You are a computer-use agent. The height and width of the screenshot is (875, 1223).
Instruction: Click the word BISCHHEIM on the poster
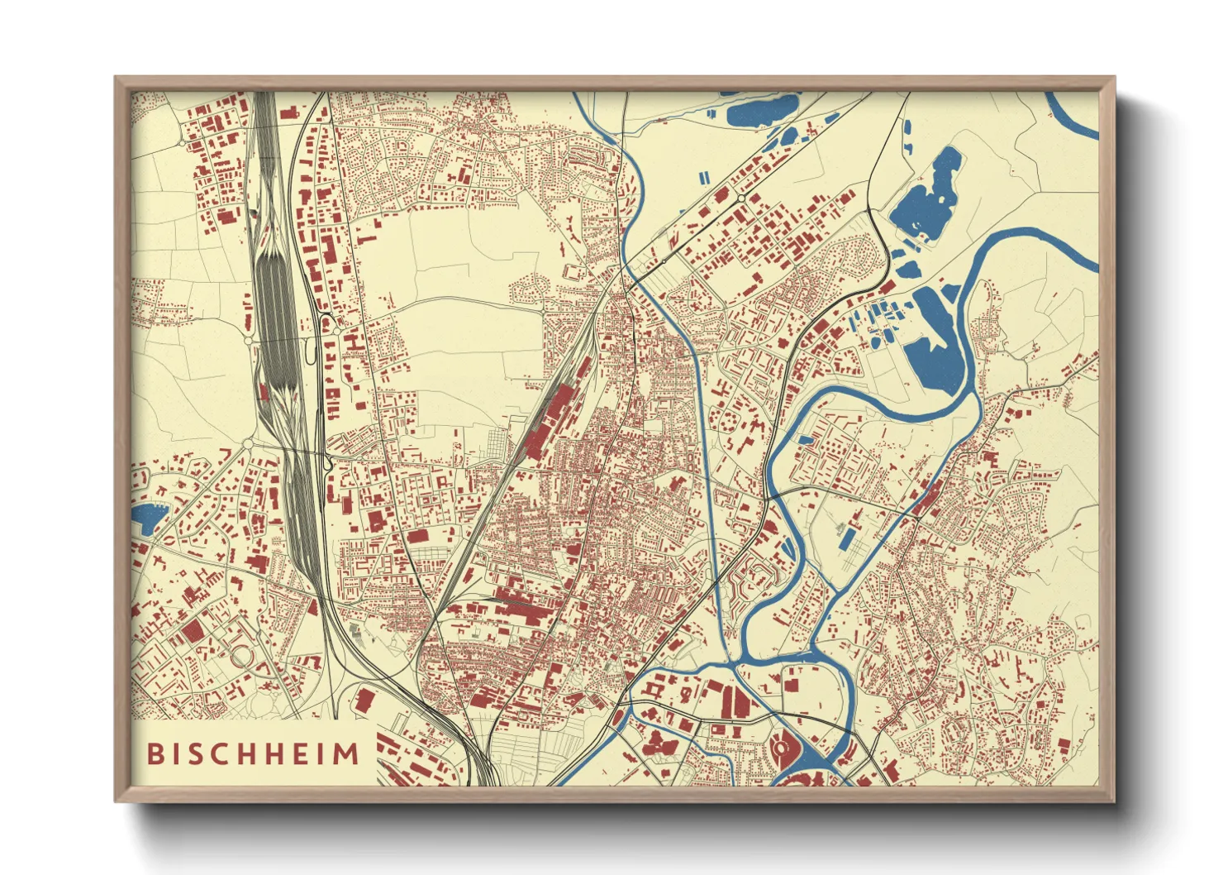254,753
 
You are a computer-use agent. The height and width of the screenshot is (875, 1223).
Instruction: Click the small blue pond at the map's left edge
149,518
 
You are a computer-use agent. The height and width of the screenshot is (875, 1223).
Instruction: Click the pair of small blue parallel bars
703,178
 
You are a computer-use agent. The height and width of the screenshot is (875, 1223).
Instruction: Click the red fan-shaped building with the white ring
781,749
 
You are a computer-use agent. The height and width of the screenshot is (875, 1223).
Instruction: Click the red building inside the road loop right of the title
364,700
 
